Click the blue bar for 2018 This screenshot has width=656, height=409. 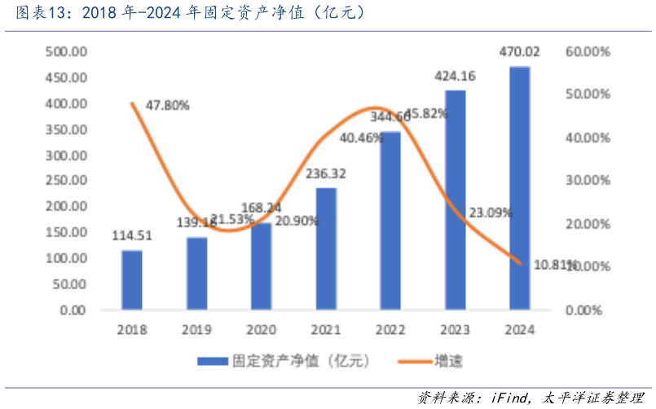click(132, 279)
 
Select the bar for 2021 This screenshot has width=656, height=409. click(326, 248)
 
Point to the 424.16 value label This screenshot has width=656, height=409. click(456, 77)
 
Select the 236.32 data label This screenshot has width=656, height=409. click(326, 174)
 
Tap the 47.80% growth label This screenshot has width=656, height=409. click(167, 105)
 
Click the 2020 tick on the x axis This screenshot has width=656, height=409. click(262, 330)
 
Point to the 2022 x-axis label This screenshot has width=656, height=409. click(390, 330)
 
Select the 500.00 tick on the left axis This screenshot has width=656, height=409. click(66, 52)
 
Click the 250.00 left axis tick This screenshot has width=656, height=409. click(66, 181)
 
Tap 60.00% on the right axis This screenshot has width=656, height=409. click(588, 52)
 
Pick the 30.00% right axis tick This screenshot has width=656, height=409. click(588, 181)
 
